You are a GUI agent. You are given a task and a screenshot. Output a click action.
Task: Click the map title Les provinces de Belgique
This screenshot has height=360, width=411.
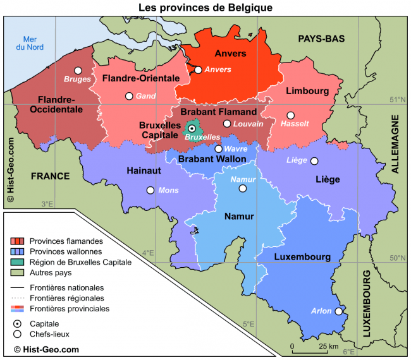click(x=205, y=7)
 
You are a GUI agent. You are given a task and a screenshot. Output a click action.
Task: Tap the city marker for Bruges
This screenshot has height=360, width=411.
click(x=78, y=71)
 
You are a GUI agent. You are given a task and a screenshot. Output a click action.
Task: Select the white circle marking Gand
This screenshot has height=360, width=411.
click(x=129, y=96)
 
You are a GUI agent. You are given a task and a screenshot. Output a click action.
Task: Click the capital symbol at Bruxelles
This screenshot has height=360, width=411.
click(x=192, y=128)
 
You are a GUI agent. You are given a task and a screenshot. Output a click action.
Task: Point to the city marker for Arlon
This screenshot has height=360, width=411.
click(x=339, y=311)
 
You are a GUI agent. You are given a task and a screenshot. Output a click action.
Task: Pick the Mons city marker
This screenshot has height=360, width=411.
click(x=150, y=190)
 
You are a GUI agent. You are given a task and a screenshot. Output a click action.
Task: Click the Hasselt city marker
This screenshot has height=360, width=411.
click(x=290, y=116)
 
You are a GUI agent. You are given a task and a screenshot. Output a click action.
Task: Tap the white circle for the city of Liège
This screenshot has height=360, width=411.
click(x=314, y=161)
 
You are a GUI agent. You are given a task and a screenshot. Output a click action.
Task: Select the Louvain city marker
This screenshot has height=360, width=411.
click(x=227, y=124)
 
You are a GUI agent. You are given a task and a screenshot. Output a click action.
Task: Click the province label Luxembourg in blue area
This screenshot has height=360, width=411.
click(x=302, y=257)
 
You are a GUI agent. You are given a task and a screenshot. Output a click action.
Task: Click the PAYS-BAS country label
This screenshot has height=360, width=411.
click(x=321, y=39)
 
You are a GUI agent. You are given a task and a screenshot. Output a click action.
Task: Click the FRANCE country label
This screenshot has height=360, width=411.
click(x=50, y=176)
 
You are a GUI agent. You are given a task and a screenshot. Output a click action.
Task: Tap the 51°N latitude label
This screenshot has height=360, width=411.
click(x=396, y=99)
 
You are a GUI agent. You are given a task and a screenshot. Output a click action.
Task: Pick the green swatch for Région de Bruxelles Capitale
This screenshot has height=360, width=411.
click(x=18, y=262)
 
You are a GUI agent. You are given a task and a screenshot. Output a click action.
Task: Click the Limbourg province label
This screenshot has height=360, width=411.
click(x=307, y=91)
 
